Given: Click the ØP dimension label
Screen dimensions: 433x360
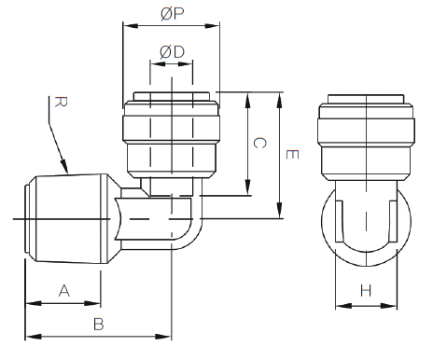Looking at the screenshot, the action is [x=173, y=14].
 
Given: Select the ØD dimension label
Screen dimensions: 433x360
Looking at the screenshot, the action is [x=172, y=52].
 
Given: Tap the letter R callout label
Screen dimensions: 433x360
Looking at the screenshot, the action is [x=61, y=102].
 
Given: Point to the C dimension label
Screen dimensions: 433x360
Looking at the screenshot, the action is [x=260, y=143].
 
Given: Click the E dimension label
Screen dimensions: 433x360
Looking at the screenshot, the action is [x=292, y=155].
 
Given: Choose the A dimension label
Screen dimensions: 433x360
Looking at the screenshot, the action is [x=64, y=291].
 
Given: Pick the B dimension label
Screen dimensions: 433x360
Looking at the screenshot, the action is [x=99, y=325].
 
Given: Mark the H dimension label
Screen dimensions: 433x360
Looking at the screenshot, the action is [x=366, y=291].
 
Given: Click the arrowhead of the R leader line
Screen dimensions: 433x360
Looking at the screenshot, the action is [x=64, y=166].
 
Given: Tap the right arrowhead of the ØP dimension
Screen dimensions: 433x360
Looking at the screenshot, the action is [x=212, y=26].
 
